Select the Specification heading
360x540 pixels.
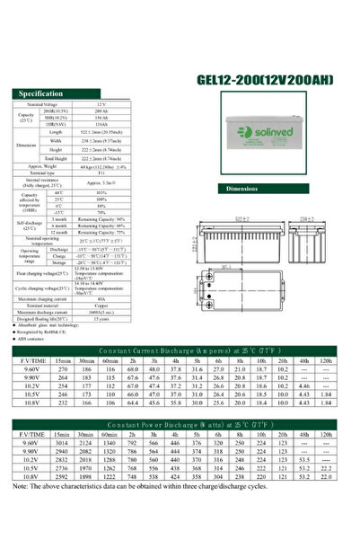coord(40,93)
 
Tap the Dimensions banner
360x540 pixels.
coord(243,190)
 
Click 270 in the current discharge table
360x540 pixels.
coord(62,368)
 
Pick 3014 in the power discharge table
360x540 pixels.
coord(62,443)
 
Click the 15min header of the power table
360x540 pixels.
coord(62,433)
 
